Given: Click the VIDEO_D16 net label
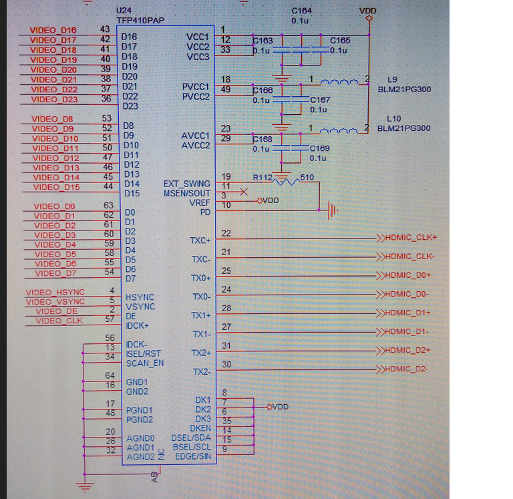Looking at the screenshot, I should (x=53, y=30).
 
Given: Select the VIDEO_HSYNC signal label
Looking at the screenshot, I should (x=55, y=292).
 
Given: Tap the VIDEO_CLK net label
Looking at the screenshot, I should (x=59, y=321).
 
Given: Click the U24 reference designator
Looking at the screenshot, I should (x=124, y=11).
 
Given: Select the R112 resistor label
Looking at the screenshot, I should (x=262, y=177).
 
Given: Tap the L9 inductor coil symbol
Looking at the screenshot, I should (x=339, y=82).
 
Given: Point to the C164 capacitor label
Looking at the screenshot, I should (x=302, y=11).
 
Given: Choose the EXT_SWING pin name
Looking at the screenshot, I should (x=186, y=184).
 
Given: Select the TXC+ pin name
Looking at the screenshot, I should (x=200, y=240).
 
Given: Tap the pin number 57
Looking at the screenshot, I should (x=108, y=319).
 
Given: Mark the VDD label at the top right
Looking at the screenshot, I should (x=367, y=11).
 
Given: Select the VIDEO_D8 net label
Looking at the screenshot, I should (x=53, y=119).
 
